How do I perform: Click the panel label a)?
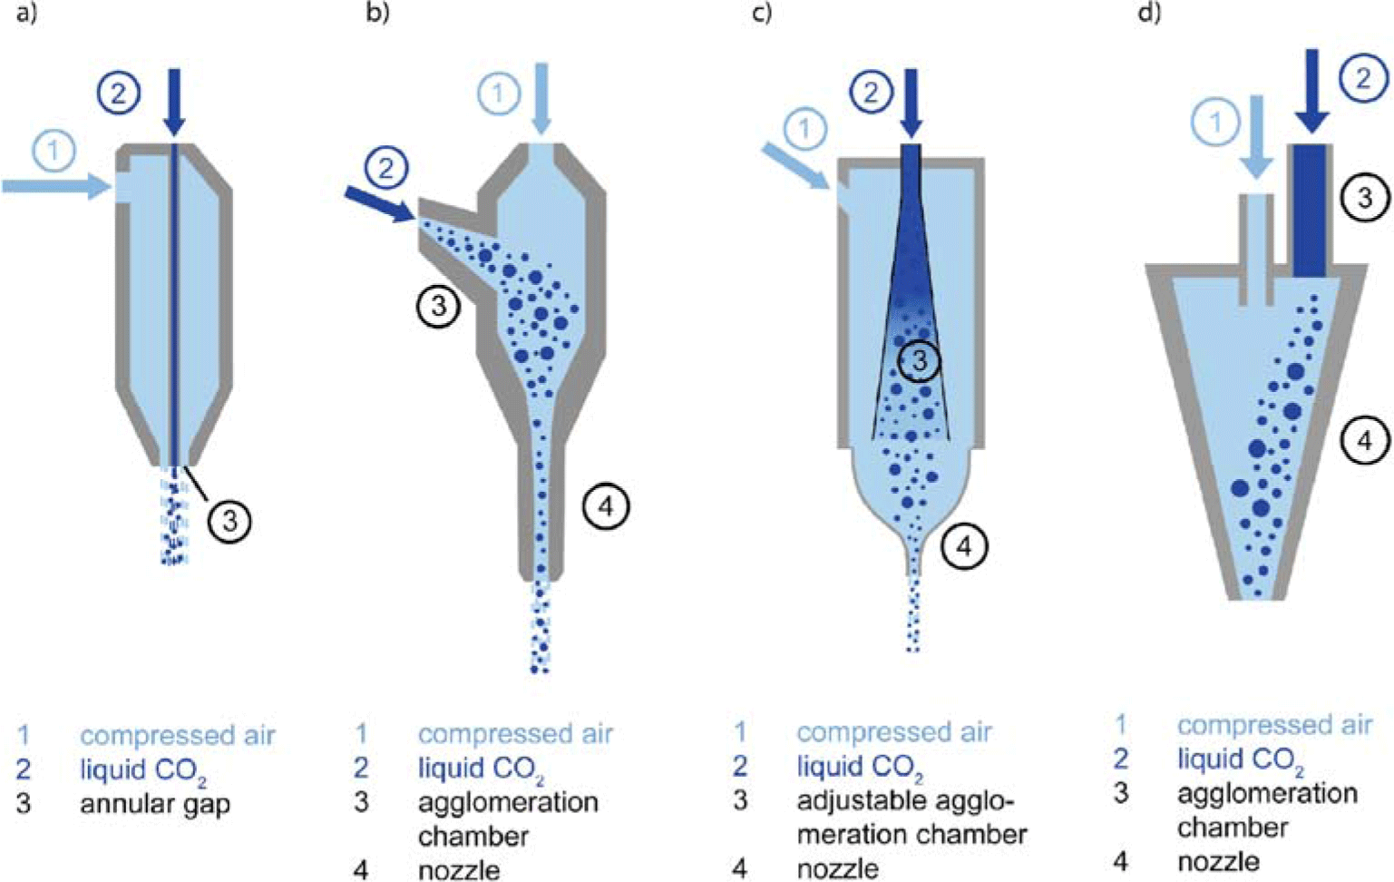pos(26,15)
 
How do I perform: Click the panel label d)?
pos(1149,15)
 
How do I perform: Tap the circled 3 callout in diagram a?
pos(229,521)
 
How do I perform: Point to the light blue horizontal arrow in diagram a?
pos(55,187)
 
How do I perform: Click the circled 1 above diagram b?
pos(498,93)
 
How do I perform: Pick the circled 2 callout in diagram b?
pos(387,169)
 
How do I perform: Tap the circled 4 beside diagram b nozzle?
pos(606,506)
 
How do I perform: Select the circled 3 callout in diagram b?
pos(439,306)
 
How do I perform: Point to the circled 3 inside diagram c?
pos(919,361)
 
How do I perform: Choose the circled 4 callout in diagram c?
pos(963,546)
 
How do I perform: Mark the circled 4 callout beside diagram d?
pos(1364,441)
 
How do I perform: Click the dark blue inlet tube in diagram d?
pos(1309,211)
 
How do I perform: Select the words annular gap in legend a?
pos(155,804)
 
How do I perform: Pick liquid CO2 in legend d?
pos(1240,759)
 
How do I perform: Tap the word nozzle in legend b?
pos(459,870)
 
